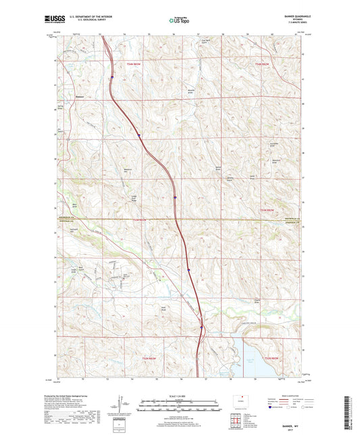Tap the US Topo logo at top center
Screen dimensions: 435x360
pos(179,21)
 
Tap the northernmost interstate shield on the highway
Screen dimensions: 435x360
pos(139,135)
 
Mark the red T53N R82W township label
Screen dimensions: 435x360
pos(269,211)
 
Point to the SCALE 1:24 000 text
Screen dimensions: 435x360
pos(178,396)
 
